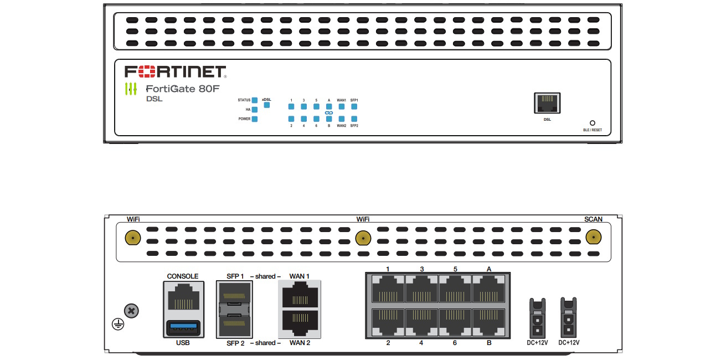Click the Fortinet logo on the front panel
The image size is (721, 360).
[x=175, y=71]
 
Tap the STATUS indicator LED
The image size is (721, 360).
[x=255, y=100]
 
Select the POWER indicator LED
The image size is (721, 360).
[x=255, y=119]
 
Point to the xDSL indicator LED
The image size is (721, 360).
[x=267, y=105]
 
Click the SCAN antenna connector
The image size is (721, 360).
[x=593, y=238]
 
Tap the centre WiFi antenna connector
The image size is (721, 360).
[x=362, y=238]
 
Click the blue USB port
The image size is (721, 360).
[x=182, y=327]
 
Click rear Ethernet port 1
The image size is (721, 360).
[x=388, y=289]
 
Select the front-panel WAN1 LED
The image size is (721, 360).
[x=342, y=106]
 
